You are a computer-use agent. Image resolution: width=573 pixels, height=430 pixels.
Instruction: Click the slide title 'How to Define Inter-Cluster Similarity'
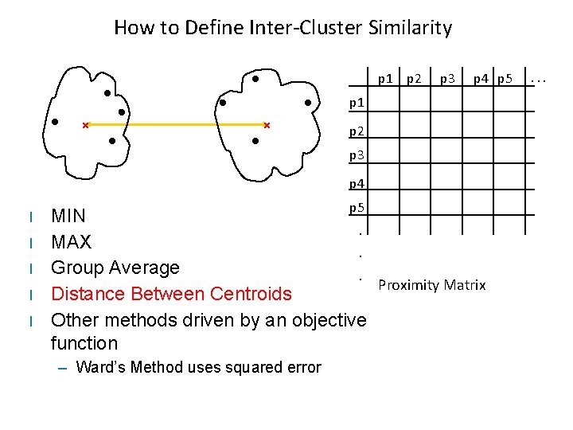click(x=283, y=28)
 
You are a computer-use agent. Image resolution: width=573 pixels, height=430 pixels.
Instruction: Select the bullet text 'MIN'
click(x=68, y=216)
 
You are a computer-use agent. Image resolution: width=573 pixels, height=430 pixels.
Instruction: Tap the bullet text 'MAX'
click(x=71, y=242)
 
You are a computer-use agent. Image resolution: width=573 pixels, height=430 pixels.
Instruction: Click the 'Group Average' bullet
click(x=115, y=268)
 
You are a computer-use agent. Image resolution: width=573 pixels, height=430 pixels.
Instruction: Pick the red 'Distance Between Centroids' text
click(x=171, y=294)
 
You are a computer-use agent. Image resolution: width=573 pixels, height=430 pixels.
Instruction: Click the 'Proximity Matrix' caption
click(x=431, y=285)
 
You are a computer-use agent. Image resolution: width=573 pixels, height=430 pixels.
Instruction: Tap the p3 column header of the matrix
click(x=448, y=79)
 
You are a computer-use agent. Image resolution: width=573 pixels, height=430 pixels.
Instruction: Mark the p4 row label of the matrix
click(x=357, y=184)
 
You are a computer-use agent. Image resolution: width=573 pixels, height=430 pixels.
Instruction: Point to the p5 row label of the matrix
click(x=357, y=209)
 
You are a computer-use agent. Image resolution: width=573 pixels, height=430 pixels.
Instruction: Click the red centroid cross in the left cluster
click(x=85, y=125)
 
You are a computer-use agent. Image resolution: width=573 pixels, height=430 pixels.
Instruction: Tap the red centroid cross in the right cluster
click(x=267, y=125)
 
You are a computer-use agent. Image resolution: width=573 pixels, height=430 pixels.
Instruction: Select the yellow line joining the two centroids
click(x=175, y=125)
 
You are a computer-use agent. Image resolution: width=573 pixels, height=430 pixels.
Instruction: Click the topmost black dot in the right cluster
click(x=255, y=79)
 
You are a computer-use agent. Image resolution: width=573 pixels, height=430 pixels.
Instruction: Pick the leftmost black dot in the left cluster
click(x=55, y=123)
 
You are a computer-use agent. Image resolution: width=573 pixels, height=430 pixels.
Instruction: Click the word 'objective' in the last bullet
click(x=324, y=320)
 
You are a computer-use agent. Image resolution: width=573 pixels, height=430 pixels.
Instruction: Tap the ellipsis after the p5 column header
click(x=539, y=80)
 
